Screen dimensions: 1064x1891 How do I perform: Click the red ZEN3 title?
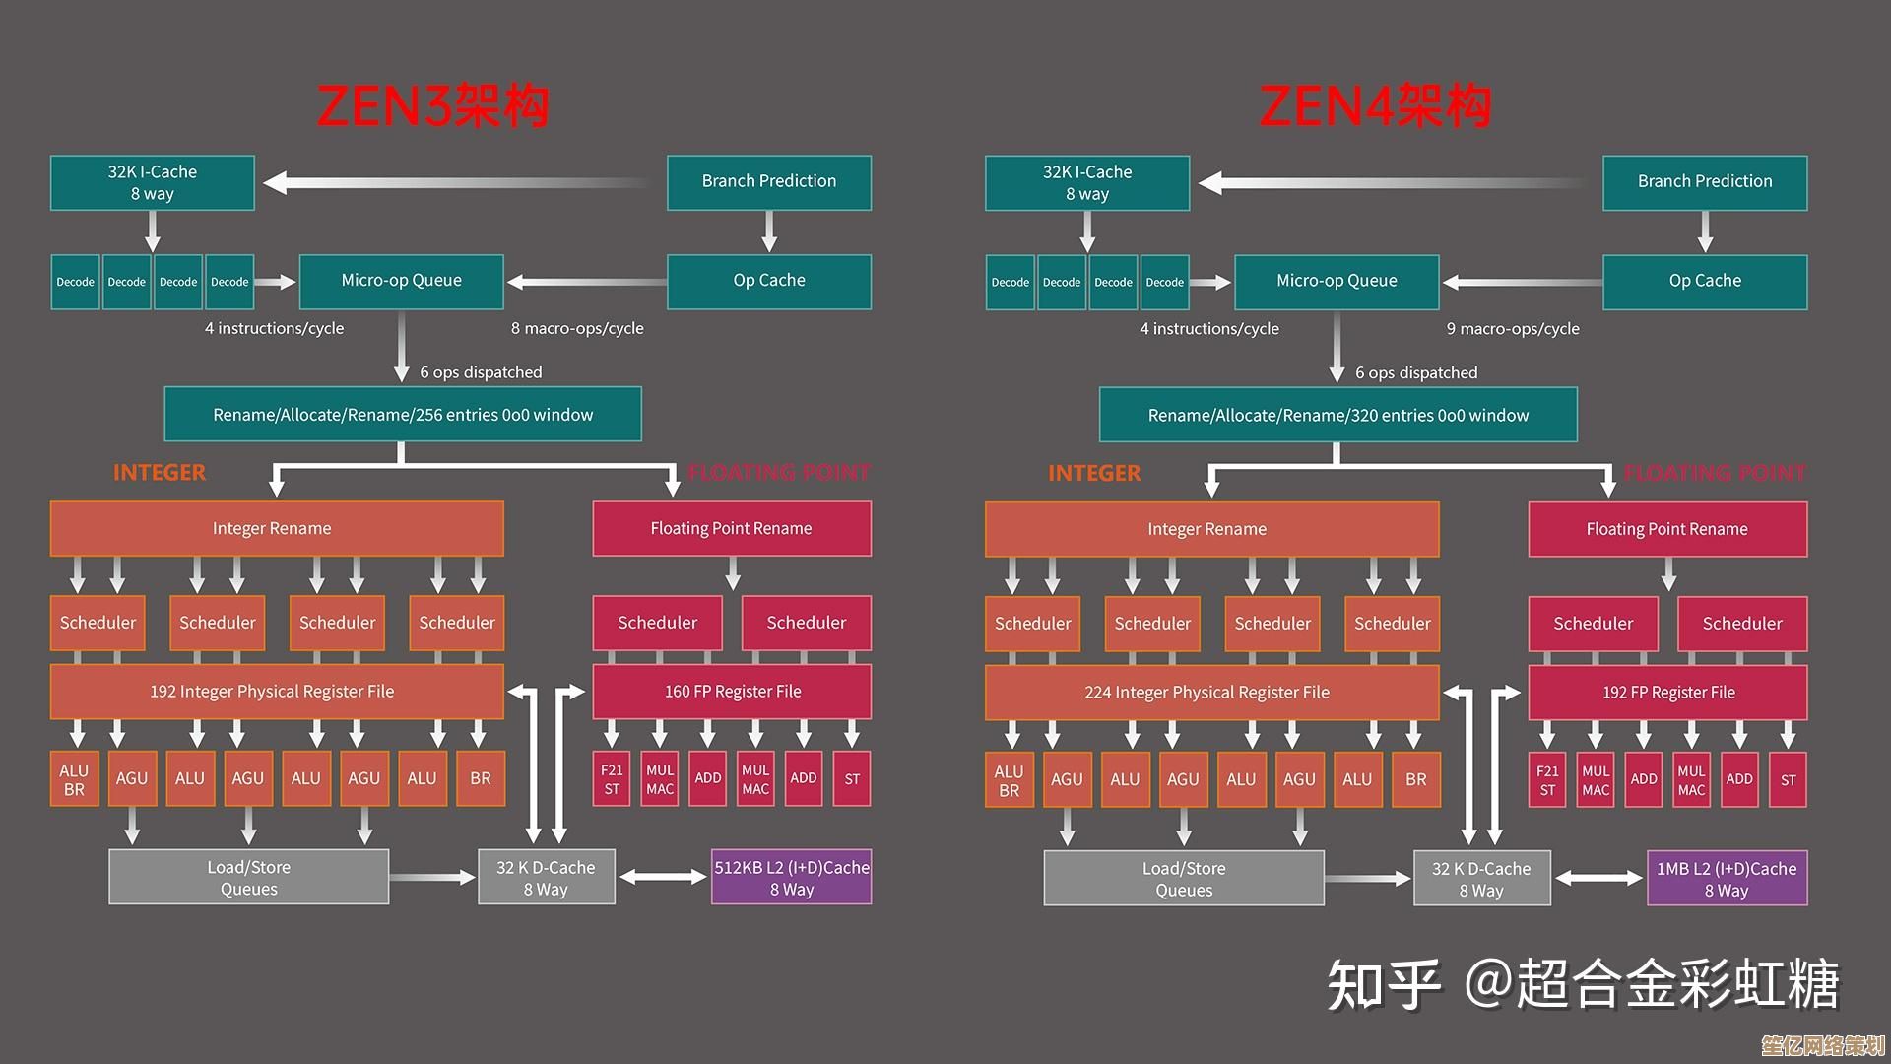click(432, 106)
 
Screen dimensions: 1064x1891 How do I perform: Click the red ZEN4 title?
click(1375, 106)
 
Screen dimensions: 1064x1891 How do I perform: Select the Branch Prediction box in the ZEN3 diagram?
click(768, 182)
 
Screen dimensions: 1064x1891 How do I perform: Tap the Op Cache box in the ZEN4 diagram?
click(1704, 282)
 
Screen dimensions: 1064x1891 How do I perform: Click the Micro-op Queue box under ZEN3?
click(401, 282)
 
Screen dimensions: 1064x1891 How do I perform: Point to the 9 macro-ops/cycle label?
click(1512, 329)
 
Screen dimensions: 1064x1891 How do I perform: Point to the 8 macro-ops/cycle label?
click(577, 329)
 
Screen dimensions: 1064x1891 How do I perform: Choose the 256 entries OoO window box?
click(403, 415)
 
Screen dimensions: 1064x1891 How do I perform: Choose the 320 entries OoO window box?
click(1337, 416)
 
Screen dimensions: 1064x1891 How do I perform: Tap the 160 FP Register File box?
click(732, 692)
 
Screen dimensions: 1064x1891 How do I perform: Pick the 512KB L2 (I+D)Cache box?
click(791, 878)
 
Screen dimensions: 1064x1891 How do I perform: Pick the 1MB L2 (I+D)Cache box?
click(1727, 879)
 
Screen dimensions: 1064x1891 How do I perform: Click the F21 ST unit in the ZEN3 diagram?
click(612, 779)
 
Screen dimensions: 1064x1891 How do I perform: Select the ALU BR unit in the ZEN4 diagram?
click(1009, 780)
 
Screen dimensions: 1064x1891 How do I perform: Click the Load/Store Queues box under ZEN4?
click(1183, 879)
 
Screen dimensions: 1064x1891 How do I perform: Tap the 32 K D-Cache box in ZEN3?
click(546, 878)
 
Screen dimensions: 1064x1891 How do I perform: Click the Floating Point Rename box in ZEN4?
click(1666, 530)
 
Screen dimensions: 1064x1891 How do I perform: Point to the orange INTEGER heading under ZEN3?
click(160, 473)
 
